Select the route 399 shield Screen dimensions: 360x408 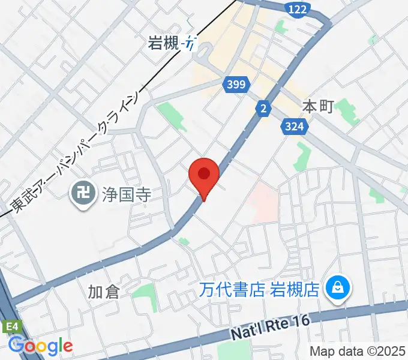tap(236, 85)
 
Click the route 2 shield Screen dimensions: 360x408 tap(263, 108)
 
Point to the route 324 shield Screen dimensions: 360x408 tap(295, 126)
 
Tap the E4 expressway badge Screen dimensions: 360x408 tap(11, 326)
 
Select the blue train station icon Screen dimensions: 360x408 tap(191, 43)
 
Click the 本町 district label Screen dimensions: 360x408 tap(317, 107)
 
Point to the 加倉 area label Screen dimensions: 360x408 tap(104, 292)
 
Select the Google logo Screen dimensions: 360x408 tap(40, 346)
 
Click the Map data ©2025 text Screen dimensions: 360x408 tap(358, 351)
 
